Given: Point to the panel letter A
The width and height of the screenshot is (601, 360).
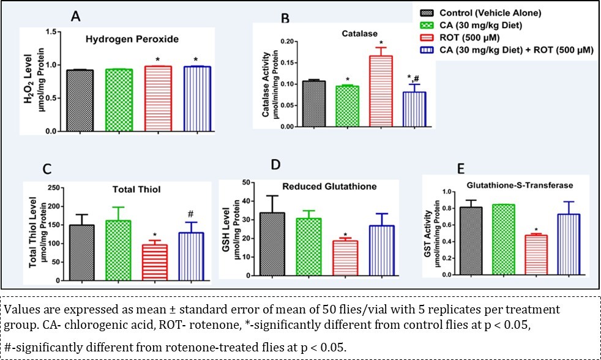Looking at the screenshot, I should (75, 16).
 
